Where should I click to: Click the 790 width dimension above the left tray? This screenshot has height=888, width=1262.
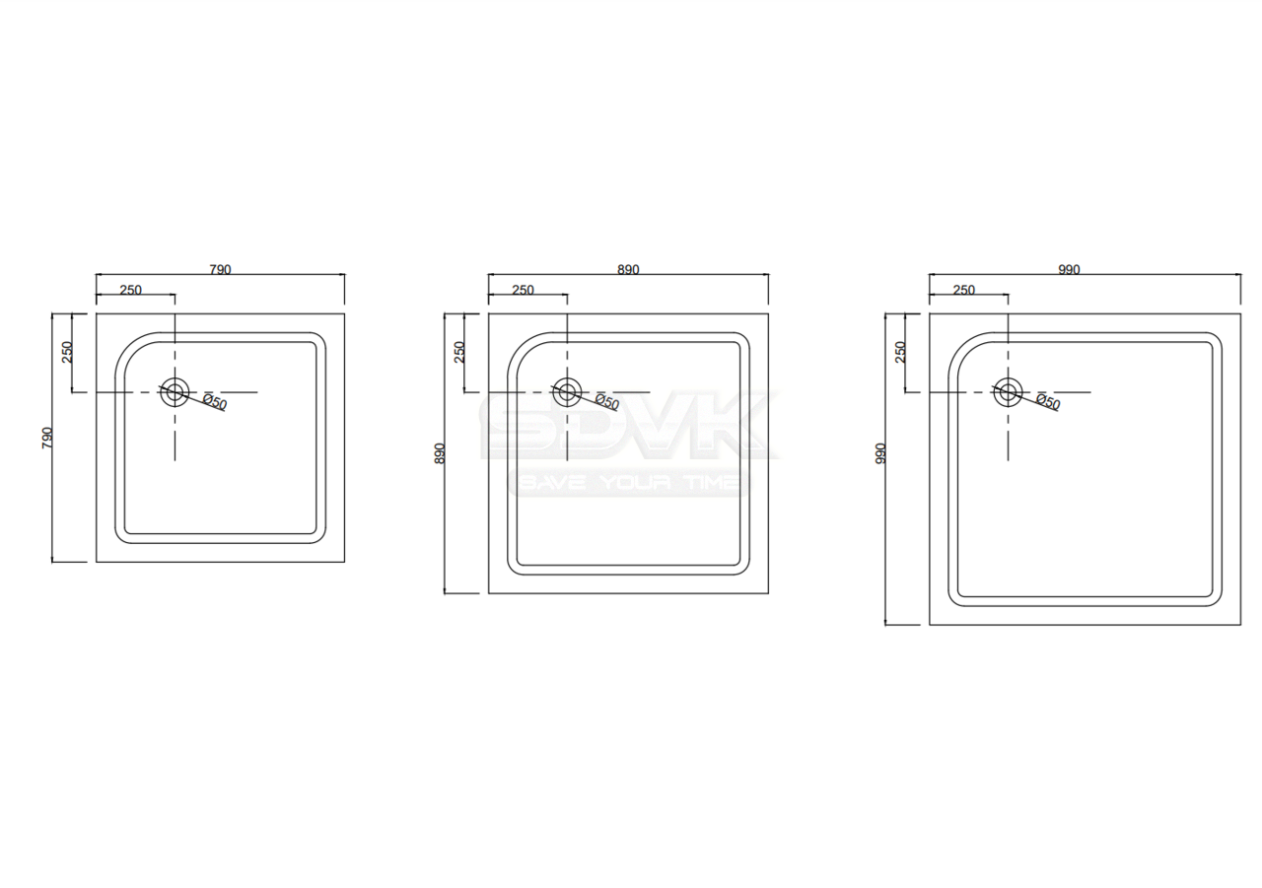[x=220, y=270]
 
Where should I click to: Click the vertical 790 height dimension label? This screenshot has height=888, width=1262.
[x=47, y=438]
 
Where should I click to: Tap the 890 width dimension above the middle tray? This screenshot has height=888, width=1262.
[x=628, y=270]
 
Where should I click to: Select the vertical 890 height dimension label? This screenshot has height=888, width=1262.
[x=440, y=453]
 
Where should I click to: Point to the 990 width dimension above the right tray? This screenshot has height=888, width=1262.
[x=1069, y=270]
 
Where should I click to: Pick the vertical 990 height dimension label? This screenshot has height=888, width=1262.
[x=880, y=453]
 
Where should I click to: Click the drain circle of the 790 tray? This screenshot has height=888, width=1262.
[x=175, y=392]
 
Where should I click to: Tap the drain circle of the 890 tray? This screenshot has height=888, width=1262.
[x=567, y=392]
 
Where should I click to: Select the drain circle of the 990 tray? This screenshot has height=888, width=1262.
[x=1008, y=392]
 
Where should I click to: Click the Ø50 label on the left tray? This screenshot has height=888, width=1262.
[x=215, y=403]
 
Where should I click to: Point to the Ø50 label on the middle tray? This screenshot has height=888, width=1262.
[x=606, y=403]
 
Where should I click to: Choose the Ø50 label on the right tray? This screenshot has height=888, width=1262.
[x=1047, y=403]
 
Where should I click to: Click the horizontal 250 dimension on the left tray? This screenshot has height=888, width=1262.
[x=131, y=290]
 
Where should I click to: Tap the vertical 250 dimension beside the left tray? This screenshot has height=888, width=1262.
[x=67, y=352]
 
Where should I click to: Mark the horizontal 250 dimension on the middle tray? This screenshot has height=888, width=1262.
[x=523, y=290]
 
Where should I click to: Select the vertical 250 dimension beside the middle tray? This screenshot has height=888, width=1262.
[x=459, y=352]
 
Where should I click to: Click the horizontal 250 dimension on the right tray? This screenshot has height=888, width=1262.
[x=963, y=290]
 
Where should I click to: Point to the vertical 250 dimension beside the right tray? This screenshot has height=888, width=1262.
[x=900, y=352]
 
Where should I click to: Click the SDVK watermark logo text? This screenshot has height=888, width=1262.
[x=627, y=428]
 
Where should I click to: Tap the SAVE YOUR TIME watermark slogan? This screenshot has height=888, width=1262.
[x=628, y=483]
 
